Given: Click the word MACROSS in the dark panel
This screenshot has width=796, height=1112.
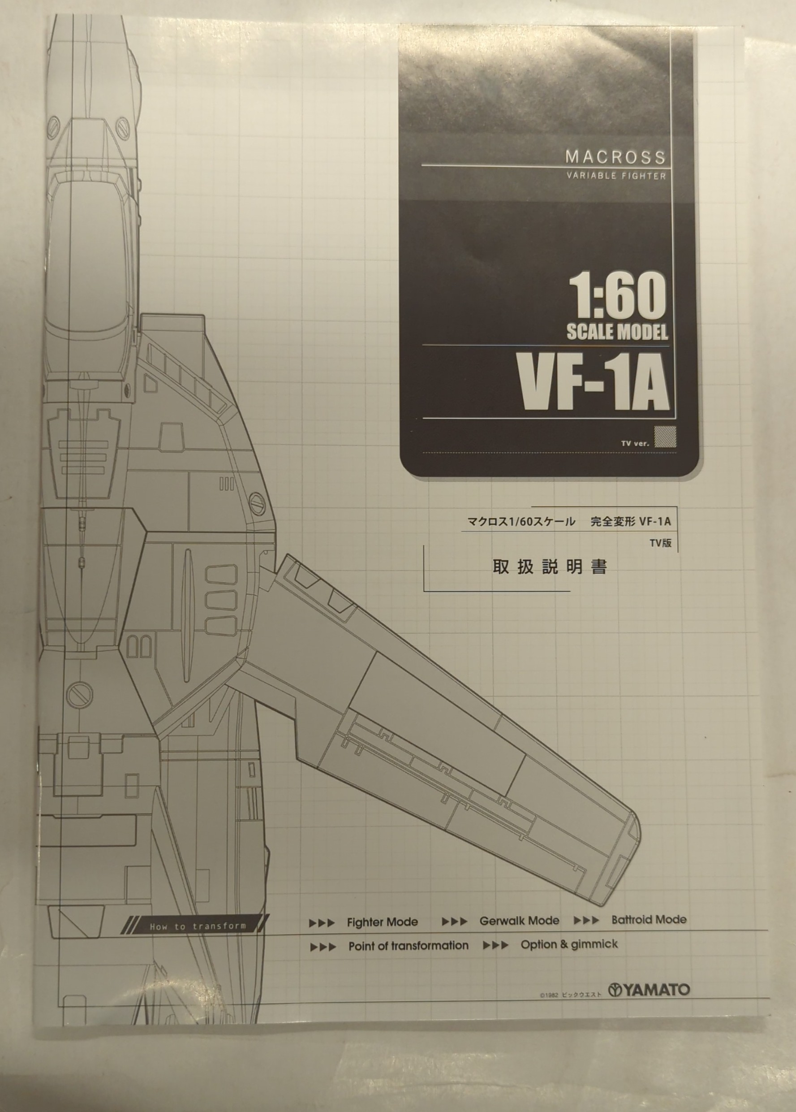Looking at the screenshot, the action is pyautogui.click(x=615, y=157).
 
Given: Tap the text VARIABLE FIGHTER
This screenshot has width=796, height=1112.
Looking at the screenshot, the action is pyautogui.click(x=616, y=176).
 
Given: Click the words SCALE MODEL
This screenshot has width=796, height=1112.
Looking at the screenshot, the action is pyautogui.click(x=617, y=333).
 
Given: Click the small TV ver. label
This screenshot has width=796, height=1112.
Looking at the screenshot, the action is pyautogui.click(x=635, y=443).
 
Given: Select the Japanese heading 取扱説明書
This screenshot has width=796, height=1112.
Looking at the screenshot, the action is pyautogui.click(x=550, y=567).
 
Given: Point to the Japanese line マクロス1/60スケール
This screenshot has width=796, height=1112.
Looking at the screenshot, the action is pyautogui.click(x=521, y=521).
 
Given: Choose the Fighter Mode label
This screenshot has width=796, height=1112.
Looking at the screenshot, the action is pyautogui.click(x=382, y=922).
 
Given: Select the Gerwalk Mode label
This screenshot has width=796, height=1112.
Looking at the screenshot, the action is pyautogui.click(x=519, y=921).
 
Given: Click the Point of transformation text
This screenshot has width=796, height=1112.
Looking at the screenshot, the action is pyautogui.click(x=408, y=946).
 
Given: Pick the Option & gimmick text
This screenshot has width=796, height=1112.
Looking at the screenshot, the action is pyautogui.click(x=569, y=944).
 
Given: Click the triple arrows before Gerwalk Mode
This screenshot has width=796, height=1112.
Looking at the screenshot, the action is pyautogui.click(x=454, y=922).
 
